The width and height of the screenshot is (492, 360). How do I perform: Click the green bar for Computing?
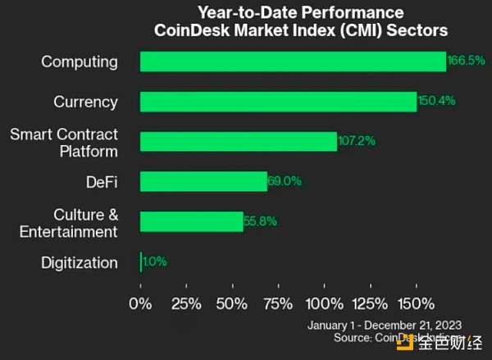pos(293,62)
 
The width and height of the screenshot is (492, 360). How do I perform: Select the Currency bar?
pos(278,102)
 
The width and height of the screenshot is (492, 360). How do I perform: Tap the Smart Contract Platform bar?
pos(239,141)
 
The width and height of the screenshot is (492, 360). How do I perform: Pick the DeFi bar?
pos(203,181)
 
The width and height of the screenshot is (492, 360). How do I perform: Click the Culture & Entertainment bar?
pos(192,221)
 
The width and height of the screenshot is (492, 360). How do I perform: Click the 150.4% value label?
pos(435,102)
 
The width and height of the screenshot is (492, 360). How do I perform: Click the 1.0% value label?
pos(155,262)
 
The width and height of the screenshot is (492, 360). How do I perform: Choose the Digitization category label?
pos(79,263)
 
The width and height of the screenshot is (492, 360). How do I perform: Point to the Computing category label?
pos(80,62)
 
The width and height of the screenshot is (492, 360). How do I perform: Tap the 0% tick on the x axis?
pos(140,303)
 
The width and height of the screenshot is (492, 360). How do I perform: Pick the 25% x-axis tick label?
pos(187,303)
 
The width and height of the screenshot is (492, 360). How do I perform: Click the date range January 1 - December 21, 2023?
pos(384,323)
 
